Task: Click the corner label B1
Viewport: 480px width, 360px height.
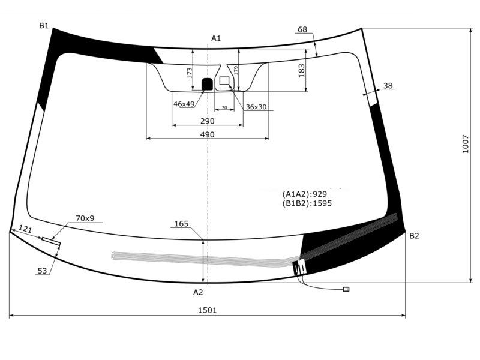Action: click(x=44, y=26)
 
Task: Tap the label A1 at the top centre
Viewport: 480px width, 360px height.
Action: click(x=216, y=38)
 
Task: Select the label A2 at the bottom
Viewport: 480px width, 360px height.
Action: click(x=198, y=292)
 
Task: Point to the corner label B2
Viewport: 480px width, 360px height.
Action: click(x=414, y=236)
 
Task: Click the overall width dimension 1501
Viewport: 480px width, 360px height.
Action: click(x=207, y=310)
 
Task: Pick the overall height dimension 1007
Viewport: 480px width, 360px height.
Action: click(x=466, y=144)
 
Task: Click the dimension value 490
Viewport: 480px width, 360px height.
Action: click(x=207, y=134)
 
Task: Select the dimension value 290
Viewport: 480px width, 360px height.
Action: click(x=207, y=121)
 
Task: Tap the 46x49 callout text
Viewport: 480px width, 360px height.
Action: click(x=184, y=104)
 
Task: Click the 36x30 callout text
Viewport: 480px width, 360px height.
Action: click(x=256, y=107)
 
